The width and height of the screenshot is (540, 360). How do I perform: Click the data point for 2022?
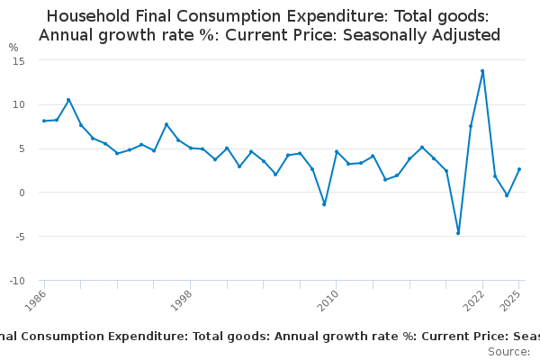click(482, 71)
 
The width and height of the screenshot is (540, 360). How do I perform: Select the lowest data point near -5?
click(458, 233)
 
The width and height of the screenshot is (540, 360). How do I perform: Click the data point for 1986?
click(44, 121)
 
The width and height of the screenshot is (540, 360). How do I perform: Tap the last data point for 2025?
click(519, 169)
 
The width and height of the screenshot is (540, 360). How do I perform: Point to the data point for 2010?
click(336, 151)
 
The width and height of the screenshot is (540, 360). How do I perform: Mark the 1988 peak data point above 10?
click(68, 100)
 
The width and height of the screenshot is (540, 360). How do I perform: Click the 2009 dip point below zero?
click(324, 204)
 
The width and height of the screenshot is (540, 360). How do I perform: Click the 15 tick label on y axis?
click(18, 60)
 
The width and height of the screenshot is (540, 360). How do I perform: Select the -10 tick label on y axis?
click(15, 281)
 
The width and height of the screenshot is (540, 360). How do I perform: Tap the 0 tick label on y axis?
click(21, 193)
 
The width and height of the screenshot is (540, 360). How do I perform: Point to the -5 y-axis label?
click(18, 237)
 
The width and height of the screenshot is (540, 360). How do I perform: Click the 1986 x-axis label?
click(37, 301)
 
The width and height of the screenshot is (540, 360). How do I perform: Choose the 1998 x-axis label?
click(183, 301)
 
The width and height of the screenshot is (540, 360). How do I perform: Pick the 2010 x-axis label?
click(329, 301)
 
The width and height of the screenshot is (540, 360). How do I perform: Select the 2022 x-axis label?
click(476, 301)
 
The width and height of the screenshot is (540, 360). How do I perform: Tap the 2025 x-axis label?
click(512, 301)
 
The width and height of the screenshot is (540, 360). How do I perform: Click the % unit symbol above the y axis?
click(13, 48)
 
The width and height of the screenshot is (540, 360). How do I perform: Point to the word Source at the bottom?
click(508, 351)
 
